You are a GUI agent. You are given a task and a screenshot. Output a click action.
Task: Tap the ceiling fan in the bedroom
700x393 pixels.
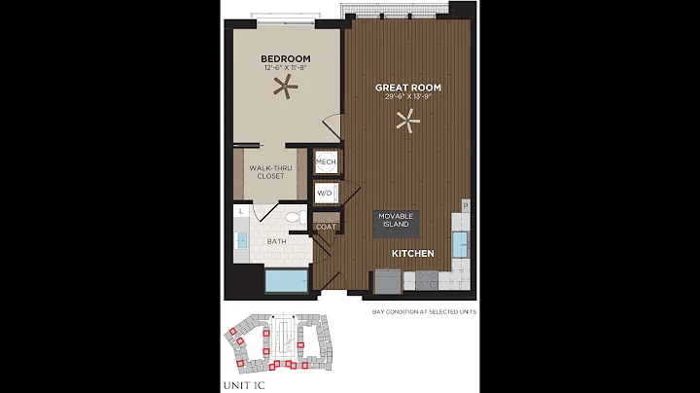click(286, 88)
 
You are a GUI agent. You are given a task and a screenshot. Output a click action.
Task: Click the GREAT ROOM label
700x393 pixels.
click(408, 88)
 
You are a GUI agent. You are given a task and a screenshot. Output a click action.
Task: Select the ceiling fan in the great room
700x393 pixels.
click(409, 122)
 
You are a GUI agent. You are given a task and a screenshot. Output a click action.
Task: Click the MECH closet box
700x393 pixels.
click(325, 162)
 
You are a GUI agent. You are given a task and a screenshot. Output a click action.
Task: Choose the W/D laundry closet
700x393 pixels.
click(325, 194)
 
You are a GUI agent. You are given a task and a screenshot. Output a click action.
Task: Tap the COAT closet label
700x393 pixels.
click(325, 227)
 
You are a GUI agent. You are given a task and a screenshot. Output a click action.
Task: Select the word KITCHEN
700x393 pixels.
click(412, 253)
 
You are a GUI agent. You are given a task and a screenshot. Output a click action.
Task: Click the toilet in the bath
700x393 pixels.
click(294, 218)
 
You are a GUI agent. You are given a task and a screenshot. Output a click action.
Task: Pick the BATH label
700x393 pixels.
click(277, 242)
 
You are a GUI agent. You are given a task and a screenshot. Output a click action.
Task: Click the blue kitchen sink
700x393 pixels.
click(460, 242)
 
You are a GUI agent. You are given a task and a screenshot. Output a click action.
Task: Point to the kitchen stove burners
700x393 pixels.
click(426, 281)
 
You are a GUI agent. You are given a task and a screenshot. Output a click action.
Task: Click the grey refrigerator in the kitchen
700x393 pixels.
click(387, 281)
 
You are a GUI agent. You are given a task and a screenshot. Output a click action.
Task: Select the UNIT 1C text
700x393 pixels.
click(243, 385)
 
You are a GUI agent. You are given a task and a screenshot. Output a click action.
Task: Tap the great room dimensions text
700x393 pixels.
click(408, 97)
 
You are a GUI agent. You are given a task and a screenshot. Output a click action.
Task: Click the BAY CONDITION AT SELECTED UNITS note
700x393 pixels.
click(420, 311)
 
